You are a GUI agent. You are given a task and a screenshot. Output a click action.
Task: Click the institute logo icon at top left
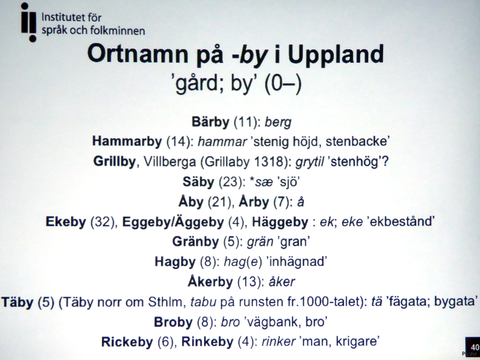pyautogui.click(x=29, y=22)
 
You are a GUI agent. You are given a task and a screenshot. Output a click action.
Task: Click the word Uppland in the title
pyautogui.click(x=336, y=55)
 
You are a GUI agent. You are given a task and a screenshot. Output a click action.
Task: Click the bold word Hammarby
pyautogui.click(x=127, y=141)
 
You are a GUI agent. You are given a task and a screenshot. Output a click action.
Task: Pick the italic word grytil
pyautogui.click(x=310, y=162)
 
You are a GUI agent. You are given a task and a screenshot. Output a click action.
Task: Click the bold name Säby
pyautogui.click(x=198, y=182)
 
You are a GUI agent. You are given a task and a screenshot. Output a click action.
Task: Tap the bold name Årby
pyautogui.click(x=254, y=202)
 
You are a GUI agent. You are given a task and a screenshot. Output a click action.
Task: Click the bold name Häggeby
pyautogui.click(x=280, y=222)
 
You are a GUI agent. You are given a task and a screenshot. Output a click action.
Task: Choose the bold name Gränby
pyautogui.click(x=195, y=242)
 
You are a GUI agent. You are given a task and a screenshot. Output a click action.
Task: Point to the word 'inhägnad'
pyautogui.click(x=297, y=262)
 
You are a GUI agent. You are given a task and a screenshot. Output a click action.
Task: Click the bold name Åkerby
pyautogui.click(x=210, y=282)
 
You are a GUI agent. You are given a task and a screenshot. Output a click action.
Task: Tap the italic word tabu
pyautogui.click(x=203, y=302)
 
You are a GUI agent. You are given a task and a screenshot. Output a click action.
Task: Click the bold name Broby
pyautogui.click(x=173, y=322)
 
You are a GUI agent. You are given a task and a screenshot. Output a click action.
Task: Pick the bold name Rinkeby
pyautogui.click(x=207, y=342)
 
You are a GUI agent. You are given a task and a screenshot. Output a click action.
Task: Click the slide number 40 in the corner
pyautogui.click(x=475, y=347)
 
